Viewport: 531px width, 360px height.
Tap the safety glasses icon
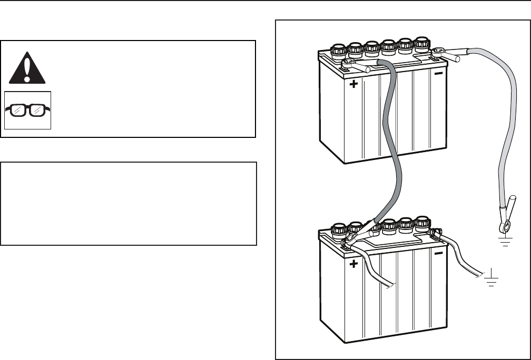tap(27, 110)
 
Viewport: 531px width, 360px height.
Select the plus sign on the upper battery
tap(353, 84)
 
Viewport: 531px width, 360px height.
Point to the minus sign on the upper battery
tap(438, 74)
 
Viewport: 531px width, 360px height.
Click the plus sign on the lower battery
tap(353, 264)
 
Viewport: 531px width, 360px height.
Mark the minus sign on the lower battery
tap(438, 254)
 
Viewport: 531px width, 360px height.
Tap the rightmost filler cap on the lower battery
tap(422, 223)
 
